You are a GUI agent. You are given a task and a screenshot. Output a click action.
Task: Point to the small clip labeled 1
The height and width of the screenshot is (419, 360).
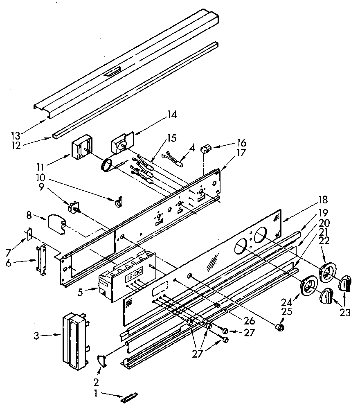point(129,397)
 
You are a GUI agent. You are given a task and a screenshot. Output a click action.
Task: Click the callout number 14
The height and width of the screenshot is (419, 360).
point(172,115)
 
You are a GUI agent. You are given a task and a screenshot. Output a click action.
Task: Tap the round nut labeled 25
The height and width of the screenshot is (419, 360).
point(280,327)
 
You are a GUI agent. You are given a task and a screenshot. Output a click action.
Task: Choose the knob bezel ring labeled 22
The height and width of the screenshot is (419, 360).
point(327,273)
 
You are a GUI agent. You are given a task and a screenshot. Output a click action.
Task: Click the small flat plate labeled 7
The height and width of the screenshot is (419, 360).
point(29,234)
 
